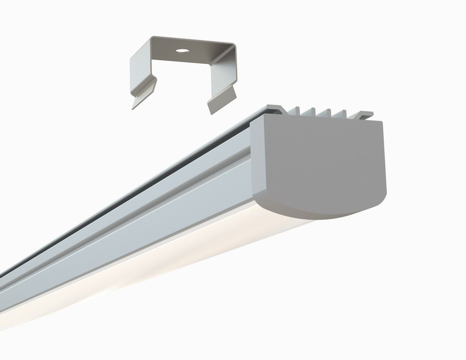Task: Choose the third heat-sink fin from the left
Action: coord(329,113)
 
